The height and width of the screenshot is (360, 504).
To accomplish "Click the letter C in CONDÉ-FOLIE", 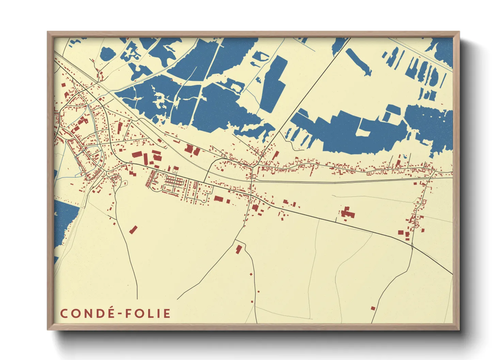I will (64, 314).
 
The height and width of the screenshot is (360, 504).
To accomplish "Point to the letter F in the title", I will (129, 314).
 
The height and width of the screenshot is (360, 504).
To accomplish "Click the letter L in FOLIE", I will (152, 314).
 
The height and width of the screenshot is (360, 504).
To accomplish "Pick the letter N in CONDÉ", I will (89, 314).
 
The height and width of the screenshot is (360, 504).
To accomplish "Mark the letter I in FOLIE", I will (159, 314).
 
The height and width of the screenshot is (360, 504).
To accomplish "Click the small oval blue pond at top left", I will (108, 54).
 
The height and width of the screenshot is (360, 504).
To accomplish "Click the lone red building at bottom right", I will (373, 308).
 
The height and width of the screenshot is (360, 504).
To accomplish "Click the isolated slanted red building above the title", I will (133, 230).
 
